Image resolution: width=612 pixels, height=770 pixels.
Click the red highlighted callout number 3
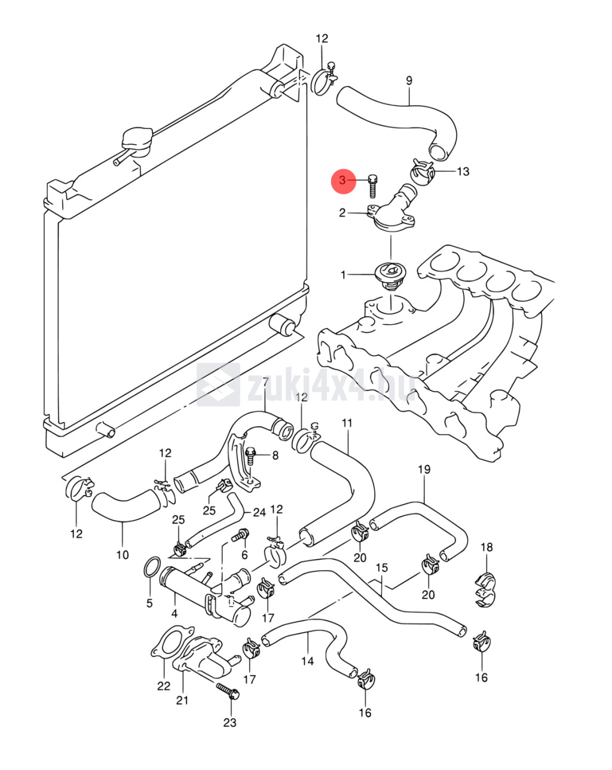342,181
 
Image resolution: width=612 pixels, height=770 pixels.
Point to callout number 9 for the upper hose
409,81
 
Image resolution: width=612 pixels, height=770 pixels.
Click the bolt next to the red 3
372,186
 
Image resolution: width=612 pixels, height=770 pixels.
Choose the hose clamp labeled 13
423,172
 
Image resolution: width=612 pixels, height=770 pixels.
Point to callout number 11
347,423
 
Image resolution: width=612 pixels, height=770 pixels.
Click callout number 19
424,469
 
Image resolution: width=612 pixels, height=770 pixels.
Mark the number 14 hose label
307,661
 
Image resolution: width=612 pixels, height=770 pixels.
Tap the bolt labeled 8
251,457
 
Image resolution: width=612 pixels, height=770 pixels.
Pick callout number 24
259,512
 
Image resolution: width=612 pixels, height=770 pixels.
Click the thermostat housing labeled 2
391,213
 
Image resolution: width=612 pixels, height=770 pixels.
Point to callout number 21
182,700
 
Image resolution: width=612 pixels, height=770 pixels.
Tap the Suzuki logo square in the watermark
218,384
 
